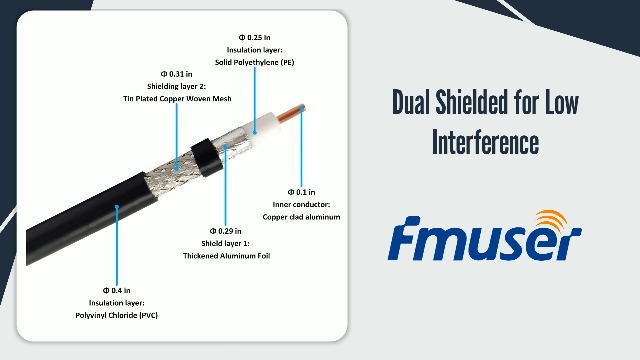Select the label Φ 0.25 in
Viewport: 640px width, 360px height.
click(256, 37)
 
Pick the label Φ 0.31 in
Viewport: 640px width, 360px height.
click(176, 73)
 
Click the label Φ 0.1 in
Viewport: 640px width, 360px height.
click(301, 191)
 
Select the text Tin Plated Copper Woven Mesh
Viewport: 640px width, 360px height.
click(178, 98)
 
